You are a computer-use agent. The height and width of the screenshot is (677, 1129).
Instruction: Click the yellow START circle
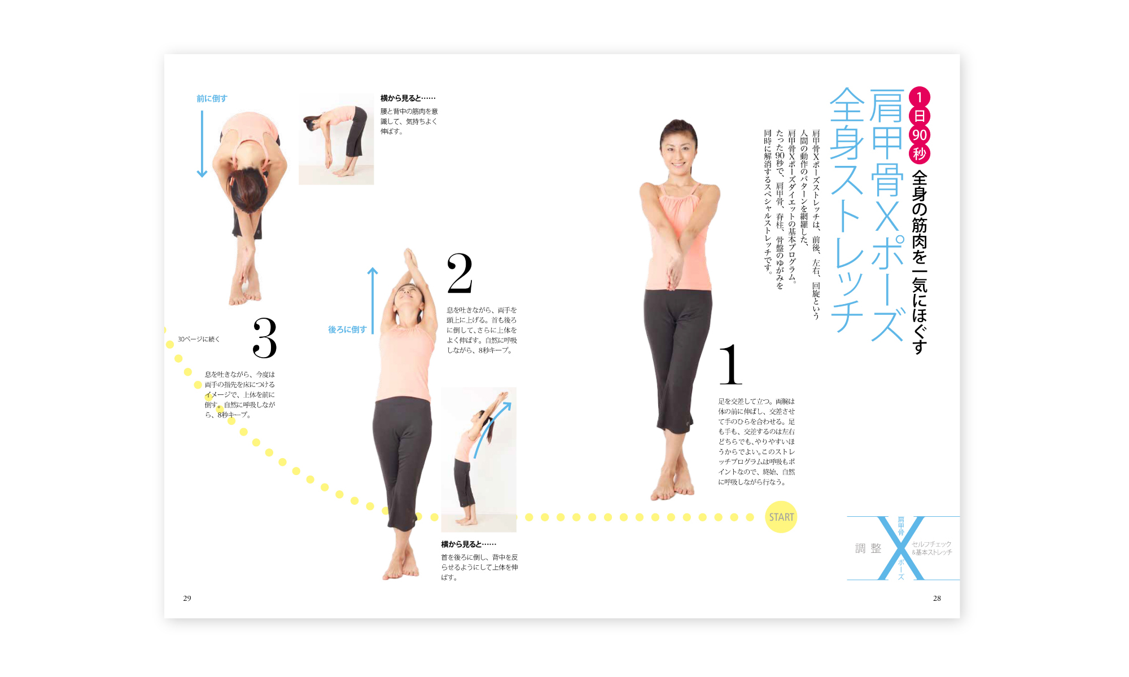point(781,517)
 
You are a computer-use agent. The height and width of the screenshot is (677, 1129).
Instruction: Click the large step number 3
point(264,338)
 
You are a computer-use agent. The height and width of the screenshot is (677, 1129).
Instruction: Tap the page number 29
point(187,598)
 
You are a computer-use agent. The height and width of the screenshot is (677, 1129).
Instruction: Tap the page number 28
point(937,598)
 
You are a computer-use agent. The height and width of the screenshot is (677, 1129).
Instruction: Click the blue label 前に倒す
point(212,98)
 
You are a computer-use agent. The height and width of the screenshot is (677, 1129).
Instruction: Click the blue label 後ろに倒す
point(347,329)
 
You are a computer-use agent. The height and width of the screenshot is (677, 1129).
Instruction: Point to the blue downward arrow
point(202,144)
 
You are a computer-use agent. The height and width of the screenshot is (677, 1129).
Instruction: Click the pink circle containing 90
point(920,135)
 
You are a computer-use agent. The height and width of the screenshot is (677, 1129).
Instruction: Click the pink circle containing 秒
point(920,153)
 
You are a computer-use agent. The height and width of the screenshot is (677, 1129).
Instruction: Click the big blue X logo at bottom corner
point(901,548)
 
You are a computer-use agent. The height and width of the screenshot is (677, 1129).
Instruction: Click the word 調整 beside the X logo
point(868,548)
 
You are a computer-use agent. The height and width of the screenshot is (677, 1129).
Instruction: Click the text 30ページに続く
point(199,339)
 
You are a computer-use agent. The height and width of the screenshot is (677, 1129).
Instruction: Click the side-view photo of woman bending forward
point(336,140)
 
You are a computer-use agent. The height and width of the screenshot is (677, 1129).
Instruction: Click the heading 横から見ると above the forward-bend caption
point(408,98)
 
